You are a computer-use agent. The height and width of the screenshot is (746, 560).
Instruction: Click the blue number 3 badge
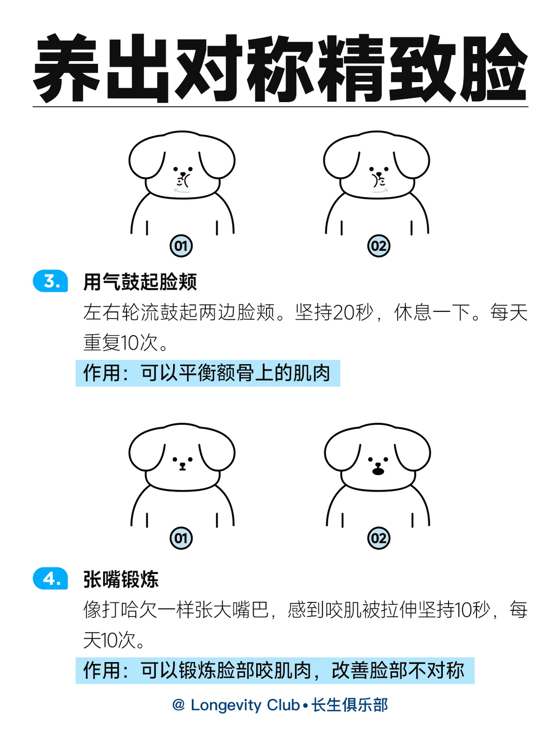[x=50, y=281]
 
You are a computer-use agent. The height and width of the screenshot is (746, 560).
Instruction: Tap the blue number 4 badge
[x=50, y=578]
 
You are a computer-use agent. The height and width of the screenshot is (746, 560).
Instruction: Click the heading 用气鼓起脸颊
[x=140, y=282]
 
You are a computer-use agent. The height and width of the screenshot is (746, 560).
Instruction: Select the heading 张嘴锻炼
[x=121, y=579]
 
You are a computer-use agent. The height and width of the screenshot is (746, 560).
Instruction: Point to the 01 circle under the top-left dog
[x=181, y=246]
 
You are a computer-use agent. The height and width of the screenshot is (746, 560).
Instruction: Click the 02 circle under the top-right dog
[x=379, y=246]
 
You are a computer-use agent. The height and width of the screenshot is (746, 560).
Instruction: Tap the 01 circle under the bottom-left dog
[x=181, y=538]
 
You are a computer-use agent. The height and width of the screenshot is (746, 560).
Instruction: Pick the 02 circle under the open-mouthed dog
[x=379, y=538]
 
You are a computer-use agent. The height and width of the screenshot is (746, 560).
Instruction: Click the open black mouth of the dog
[x=378, y=471]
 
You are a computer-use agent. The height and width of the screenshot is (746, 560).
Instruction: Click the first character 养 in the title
[x=67, y=68]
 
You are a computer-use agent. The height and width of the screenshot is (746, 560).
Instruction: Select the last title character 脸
[x=493, y=68]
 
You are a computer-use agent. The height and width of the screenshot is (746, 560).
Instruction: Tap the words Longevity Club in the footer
[x=245, y=705]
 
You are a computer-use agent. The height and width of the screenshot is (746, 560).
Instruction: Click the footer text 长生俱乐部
[x=349, y=705]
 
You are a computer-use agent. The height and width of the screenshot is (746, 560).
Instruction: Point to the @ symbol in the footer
[x=178, y=705]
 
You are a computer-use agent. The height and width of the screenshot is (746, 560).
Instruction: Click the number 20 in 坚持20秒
[x=343, y=312]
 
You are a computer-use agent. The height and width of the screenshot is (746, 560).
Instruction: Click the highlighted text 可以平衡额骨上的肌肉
[x=235, y=373]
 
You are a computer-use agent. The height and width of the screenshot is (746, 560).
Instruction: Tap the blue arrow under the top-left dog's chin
[x=182, y=191]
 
